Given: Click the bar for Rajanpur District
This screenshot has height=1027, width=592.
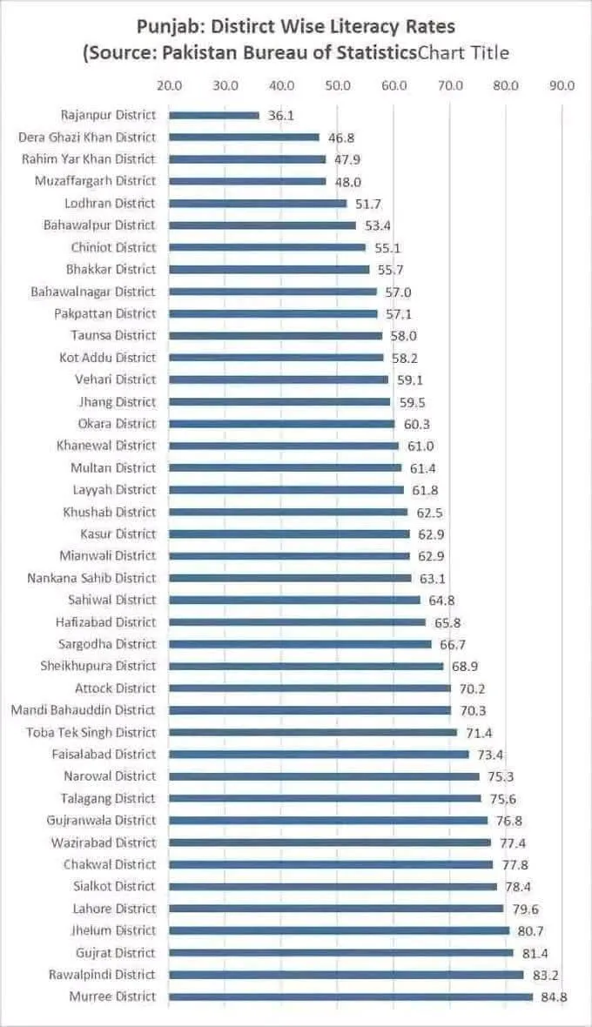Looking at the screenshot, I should [214, 115].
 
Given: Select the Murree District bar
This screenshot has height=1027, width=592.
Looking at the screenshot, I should [351, 997].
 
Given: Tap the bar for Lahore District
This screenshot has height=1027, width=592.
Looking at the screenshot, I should [336, 909].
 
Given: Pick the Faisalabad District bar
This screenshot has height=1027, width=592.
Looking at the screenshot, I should [319, 754].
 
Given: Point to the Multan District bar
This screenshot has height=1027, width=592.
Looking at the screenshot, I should [285, 467].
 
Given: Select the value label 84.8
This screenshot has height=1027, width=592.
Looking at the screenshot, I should [554, 997].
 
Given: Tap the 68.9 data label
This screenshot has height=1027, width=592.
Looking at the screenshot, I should [465, 666].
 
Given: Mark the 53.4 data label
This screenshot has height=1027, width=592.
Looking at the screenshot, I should [378, 225].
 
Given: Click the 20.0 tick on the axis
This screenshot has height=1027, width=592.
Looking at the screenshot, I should [169, 85].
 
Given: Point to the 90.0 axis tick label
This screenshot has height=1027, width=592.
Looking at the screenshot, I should [562, 85].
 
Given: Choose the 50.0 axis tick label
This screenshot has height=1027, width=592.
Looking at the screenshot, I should [337, 85].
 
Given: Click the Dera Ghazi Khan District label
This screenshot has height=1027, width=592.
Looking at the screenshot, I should [87, 137].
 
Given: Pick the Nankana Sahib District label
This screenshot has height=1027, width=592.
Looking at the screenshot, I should [91, 578].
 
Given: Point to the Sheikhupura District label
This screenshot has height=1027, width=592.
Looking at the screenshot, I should [98, 666].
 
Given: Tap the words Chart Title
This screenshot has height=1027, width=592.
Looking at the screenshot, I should [463, 53].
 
